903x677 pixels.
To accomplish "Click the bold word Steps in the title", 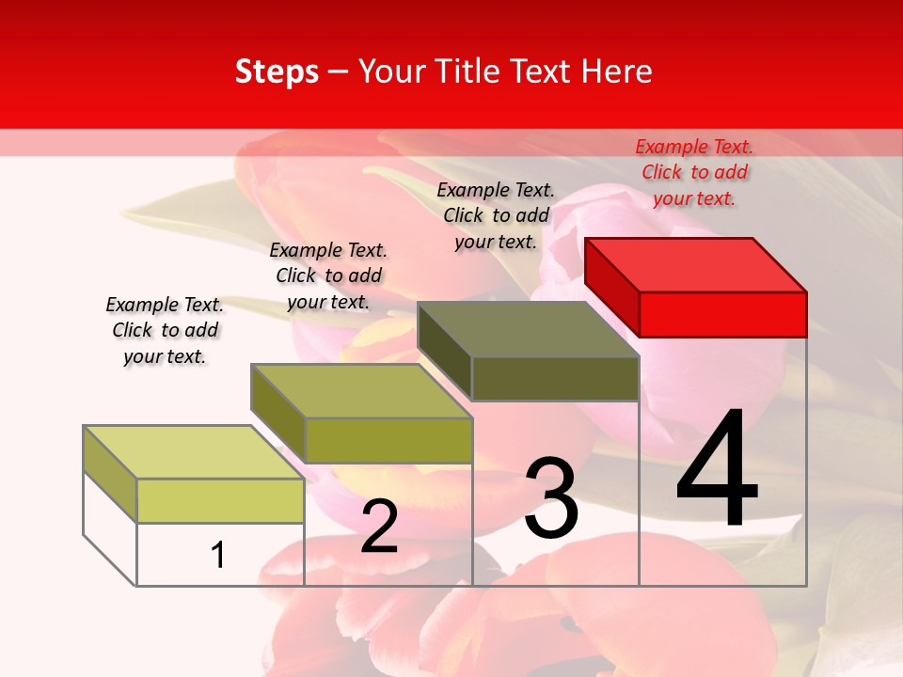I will point(277,71).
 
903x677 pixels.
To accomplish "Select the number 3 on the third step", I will point(551,498).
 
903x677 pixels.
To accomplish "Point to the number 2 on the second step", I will point(379,527).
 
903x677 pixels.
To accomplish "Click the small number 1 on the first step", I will point(217,555).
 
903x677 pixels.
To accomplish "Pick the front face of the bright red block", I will point(722,314).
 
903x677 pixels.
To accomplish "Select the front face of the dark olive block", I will point(555,379).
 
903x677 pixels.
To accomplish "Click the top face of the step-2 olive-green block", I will point(361,390).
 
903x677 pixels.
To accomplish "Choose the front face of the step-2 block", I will point(388,440).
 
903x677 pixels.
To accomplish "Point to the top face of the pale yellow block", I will point(194,451).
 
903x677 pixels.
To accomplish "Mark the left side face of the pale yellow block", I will point(110,474).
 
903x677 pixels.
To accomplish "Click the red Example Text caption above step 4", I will point(694,172).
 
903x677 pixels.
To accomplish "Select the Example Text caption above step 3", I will point(496,215).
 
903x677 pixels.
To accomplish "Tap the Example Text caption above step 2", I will point(328,276).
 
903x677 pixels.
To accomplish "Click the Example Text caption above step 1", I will point(165,330).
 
